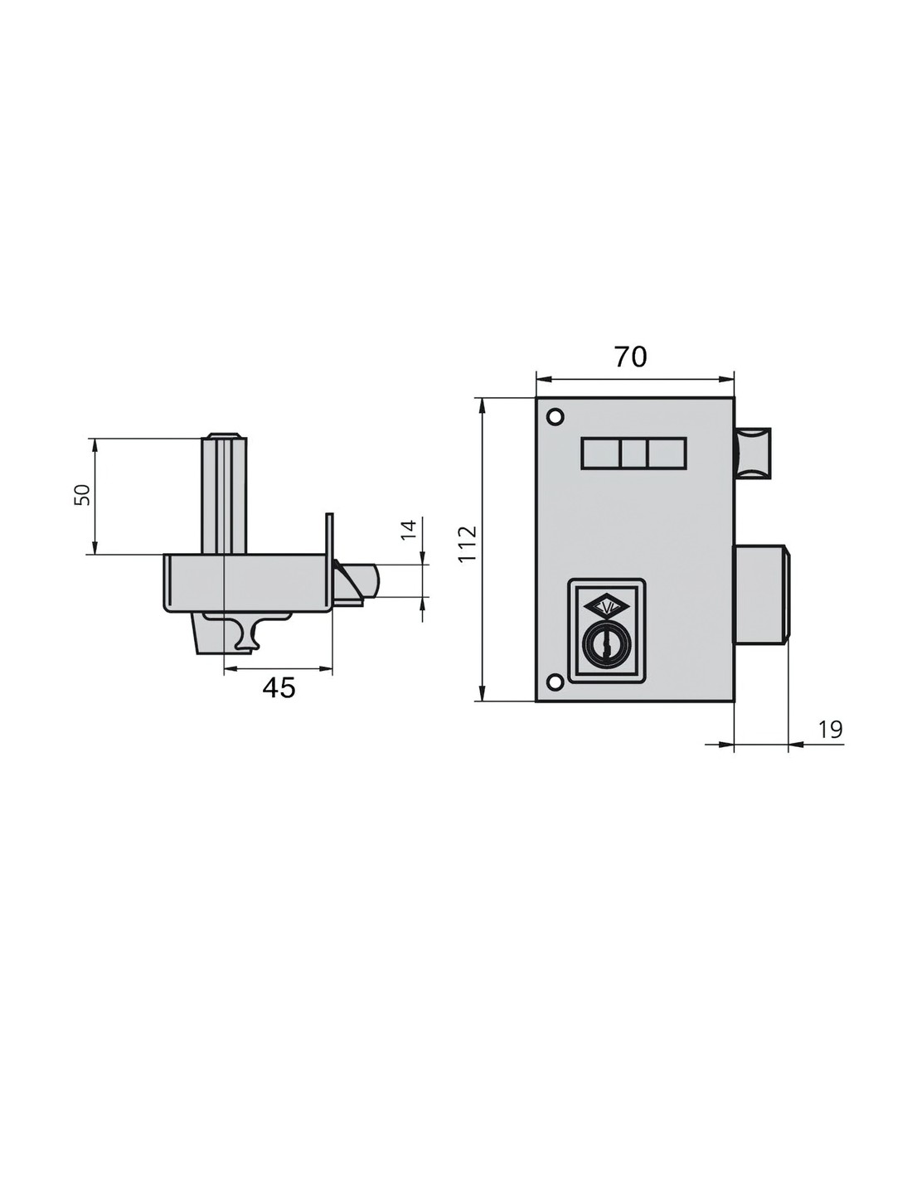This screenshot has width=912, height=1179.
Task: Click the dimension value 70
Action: [x=631, y=357]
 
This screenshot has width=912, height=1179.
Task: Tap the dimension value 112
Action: [x=467, y=544]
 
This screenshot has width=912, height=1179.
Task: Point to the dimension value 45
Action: [x=279, y=687]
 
